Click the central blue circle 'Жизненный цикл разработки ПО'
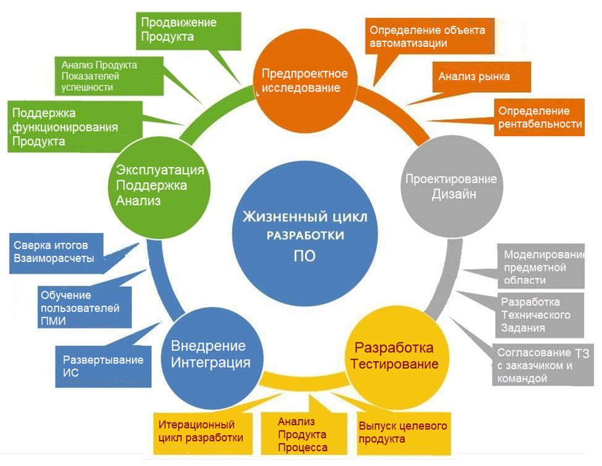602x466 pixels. point(303,235)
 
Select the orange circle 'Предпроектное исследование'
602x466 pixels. point(304,80)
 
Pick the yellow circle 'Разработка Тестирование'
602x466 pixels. point(394,355)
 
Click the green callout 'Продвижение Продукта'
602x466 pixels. point(179,30)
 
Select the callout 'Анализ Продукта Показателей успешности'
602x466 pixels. point(99,75)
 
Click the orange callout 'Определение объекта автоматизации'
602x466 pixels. point(426,36)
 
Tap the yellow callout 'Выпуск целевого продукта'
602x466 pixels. point(402,433)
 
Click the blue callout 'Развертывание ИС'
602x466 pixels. point(103,366)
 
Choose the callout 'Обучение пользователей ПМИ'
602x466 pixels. point(78,307)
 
